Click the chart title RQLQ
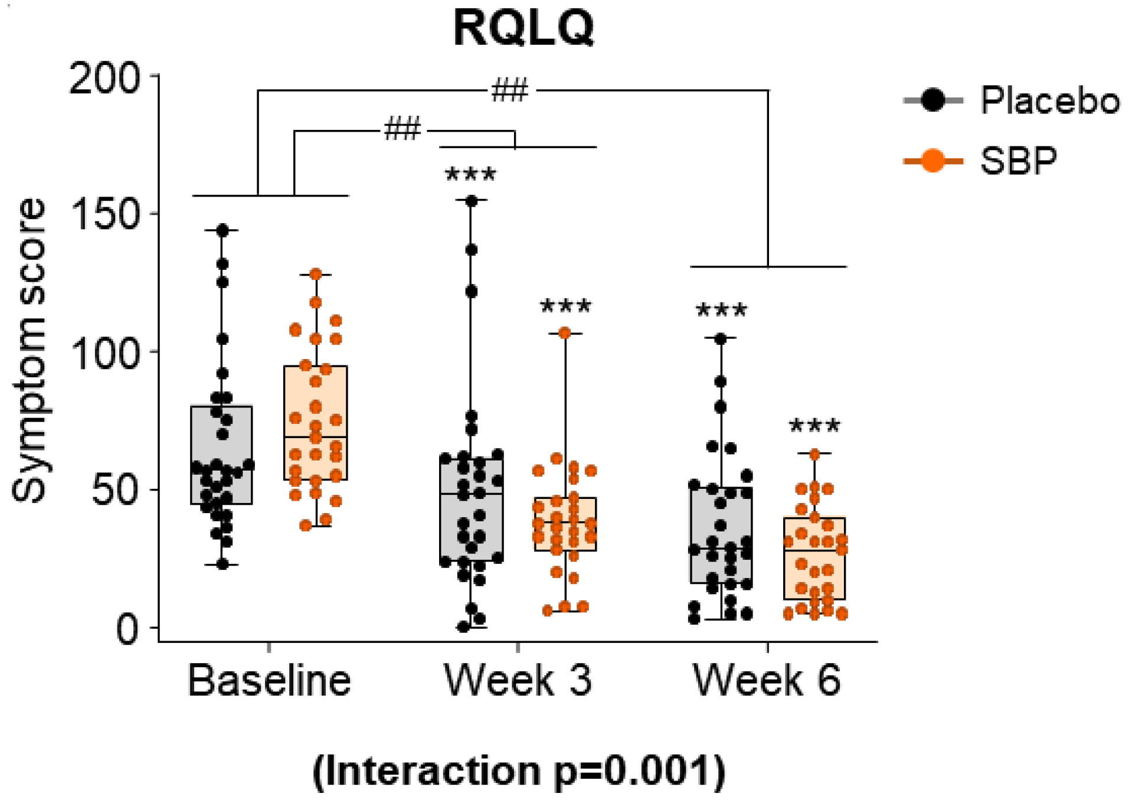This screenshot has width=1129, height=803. point(523,28)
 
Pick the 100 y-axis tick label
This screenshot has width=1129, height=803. point(104,353)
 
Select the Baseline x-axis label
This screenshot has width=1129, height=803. point(269,680)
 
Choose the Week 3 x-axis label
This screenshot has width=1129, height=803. point(518,680)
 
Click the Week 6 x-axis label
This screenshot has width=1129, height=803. point(767,680)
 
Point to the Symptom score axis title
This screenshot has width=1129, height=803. point(30,351)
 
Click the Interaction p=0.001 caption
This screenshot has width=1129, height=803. point(519,771)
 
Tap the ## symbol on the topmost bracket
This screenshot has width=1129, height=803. point(509,92)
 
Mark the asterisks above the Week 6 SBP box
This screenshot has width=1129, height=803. point(814,426)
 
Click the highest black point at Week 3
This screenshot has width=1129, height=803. point(472,201)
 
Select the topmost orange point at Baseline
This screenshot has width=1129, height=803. point(316,275)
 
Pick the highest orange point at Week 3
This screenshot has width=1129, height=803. point(565,334)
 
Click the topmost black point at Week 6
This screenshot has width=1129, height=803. point(721,339)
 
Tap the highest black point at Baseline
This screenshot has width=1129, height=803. point(222,230)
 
